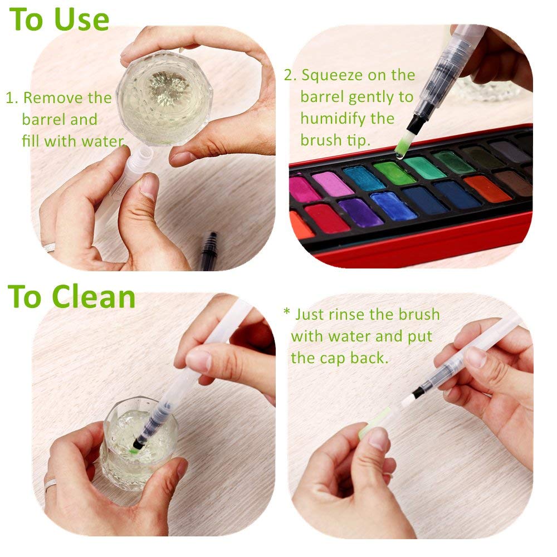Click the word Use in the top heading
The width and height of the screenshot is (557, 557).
[x=82, y=19]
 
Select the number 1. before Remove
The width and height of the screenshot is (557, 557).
[x=12, y=99]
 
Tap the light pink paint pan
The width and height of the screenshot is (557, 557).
[x=333, y=183]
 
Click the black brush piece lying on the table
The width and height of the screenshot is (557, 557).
[x=209, y=251]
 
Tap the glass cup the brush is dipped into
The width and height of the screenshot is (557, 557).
[x=138, y=446]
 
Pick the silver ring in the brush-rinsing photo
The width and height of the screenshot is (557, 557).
[x=50, y=483]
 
